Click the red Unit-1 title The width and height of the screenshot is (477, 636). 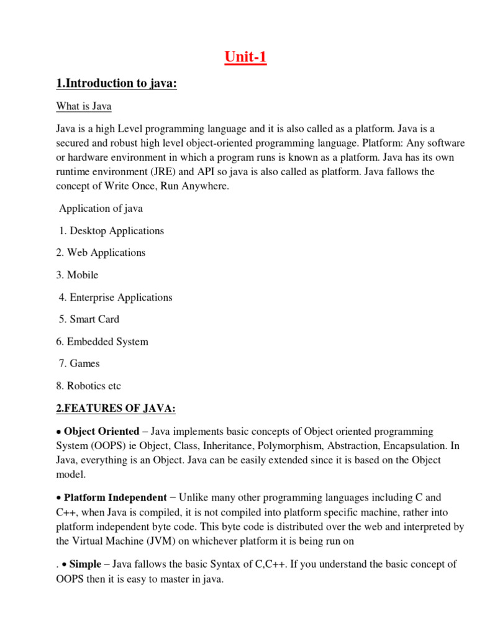point(246,58)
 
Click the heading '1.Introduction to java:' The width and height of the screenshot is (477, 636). point(117,83)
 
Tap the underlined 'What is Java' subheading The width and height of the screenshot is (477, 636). point(84,106)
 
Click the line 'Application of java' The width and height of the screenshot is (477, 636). point(101,209)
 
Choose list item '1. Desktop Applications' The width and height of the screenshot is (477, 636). point(112,231)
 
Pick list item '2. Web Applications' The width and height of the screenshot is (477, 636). point(101,253)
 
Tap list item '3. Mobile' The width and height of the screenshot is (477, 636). point(77,275)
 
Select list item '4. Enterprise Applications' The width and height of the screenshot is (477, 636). point(116,298)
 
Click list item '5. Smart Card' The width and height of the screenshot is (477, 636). point(89,319)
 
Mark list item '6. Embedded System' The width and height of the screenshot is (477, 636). point(102,342)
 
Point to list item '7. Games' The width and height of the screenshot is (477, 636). point(79,363)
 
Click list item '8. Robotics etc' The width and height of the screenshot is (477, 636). point(88,386)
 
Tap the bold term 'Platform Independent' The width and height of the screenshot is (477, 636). point(116,497)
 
